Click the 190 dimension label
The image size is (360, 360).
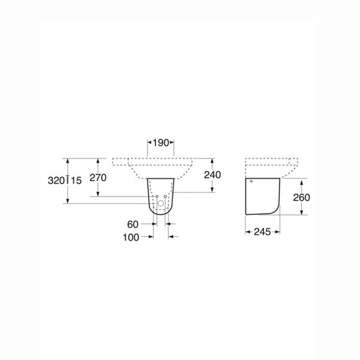pyautogui.click(x=161, y=143)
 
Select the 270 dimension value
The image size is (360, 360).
pyautogui.click(x=98, y=178)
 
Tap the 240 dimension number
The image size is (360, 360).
pyautogui.click(x=212, y=175)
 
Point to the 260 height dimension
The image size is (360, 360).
pyautogui.click(x=301, y=197)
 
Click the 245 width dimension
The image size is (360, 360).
pyautogui.click(x=262, y=232)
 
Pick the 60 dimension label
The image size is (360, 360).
pyautogui.click(x=133, y=224)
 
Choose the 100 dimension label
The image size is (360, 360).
pyautogui.click(x=131, y=238)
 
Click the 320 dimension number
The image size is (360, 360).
pyautogui.click(x=56, y=181)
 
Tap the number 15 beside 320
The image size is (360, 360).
pyautogui.click(x=76, y=181)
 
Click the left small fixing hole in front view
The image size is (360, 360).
pyautogui.click(x=157, y=197)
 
